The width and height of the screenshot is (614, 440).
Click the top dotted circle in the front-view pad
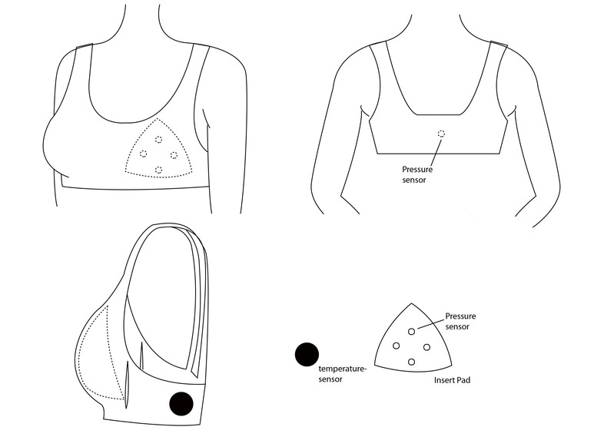(158, 140)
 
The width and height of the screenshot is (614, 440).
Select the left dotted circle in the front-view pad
(143, 154)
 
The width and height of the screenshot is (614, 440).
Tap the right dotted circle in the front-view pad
(173, 154)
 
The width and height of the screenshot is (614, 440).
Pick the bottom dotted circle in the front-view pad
(158, 169)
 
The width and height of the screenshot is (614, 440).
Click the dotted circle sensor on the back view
(441, 134)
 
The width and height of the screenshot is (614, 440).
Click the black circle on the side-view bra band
(181, 404)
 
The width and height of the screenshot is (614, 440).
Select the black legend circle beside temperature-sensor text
(306, 354)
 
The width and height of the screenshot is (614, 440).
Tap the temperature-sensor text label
(342, 373)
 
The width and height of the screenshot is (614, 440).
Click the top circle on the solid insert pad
(412, 331)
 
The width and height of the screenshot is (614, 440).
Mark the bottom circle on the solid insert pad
(412, 362)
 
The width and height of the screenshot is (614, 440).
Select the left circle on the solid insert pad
(397, 346)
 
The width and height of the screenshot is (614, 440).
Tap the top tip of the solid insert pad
(412, 300)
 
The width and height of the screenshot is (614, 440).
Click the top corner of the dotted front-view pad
(159, 120)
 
